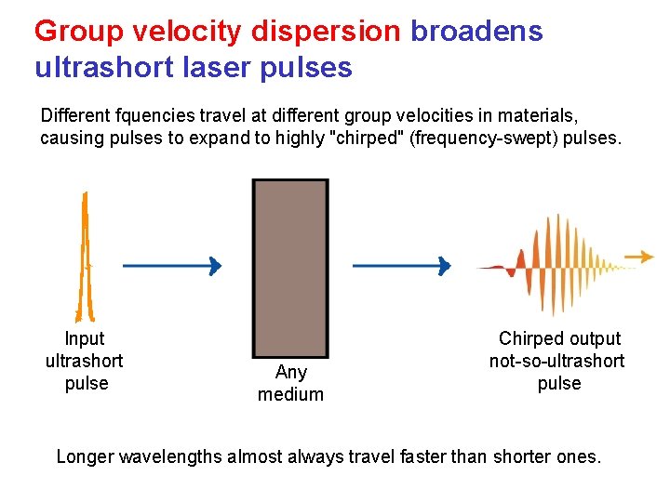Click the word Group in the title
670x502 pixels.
[80, 32]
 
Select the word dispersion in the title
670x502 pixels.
[325, 32]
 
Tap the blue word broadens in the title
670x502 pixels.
[476, 32]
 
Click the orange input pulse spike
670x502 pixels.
[86, 256]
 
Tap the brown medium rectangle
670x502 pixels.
[290, 266]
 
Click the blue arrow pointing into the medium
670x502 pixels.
[172, 266]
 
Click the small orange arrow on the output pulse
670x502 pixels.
[639, 256]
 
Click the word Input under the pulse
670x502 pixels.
[85, 338]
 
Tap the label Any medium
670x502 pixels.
[290, 383]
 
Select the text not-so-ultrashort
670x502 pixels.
[557, 361]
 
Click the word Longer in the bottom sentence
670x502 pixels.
[85, 456]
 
